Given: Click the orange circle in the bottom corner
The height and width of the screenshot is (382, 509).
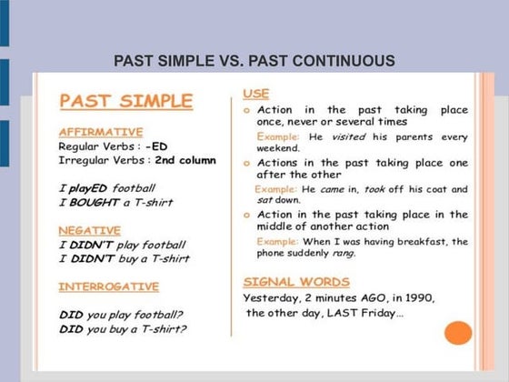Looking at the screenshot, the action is pyautogui.click(x=458, y=333).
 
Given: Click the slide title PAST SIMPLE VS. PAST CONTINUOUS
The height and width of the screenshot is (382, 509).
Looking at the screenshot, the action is pyautogui.click(x=254, y=61).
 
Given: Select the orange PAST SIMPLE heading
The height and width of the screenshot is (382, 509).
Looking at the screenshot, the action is pyautogui.click(x=126, y=101).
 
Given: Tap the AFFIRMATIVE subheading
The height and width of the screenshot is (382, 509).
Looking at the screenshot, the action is pyautogui.click(x=101, y=132).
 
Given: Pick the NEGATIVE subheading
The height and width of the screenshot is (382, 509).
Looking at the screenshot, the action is pyautogui.click(x=90, y=231).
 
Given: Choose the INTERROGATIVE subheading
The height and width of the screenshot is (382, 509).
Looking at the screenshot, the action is pyautogui.click(x=109, y=286).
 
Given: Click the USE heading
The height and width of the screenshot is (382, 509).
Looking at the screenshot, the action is pyautogui.click(x=256, y=94).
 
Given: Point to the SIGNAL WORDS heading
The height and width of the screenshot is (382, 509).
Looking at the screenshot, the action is pyautogui.click(x=296, y=282).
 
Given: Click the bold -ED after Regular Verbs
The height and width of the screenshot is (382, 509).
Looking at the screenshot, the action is pyautogui.click(x=156, y=146).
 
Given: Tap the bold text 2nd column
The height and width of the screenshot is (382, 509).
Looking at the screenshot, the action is pyautogui.click(x=185, y=160).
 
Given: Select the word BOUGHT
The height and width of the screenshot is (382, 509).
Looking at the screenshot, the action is pyautogui.click(x=95, y=202).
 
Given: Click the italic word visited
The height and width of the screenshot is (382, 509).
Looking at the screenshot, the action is pyautogui.click(x=348, y=136).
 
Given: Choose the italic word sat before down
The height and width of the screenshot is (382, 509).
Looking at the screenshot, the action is pyautogui.click(x=264, y=200).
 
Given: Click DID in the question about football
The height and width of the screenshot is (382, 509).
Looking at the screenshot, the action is pyautogui.click(x=71, y=315).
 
